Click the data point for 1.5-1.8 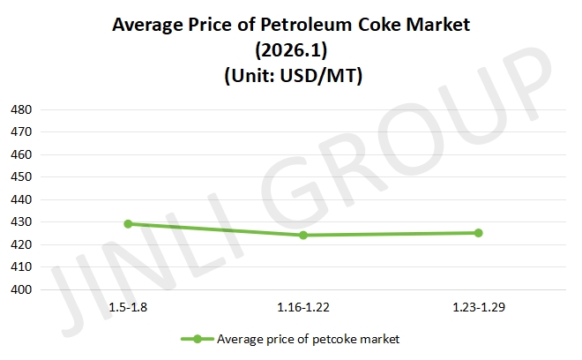pyautogui.click(x=128, y=224)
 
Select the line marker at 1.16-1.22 pyautogui.click(x=303, y=235)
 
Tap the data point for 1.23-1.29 pyautogui.click(x=479, y=233)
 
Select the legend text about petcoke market pyautogui.click(x=308, y=339)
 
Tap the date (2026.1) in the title pyautogui.click(x=291, y=51)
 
